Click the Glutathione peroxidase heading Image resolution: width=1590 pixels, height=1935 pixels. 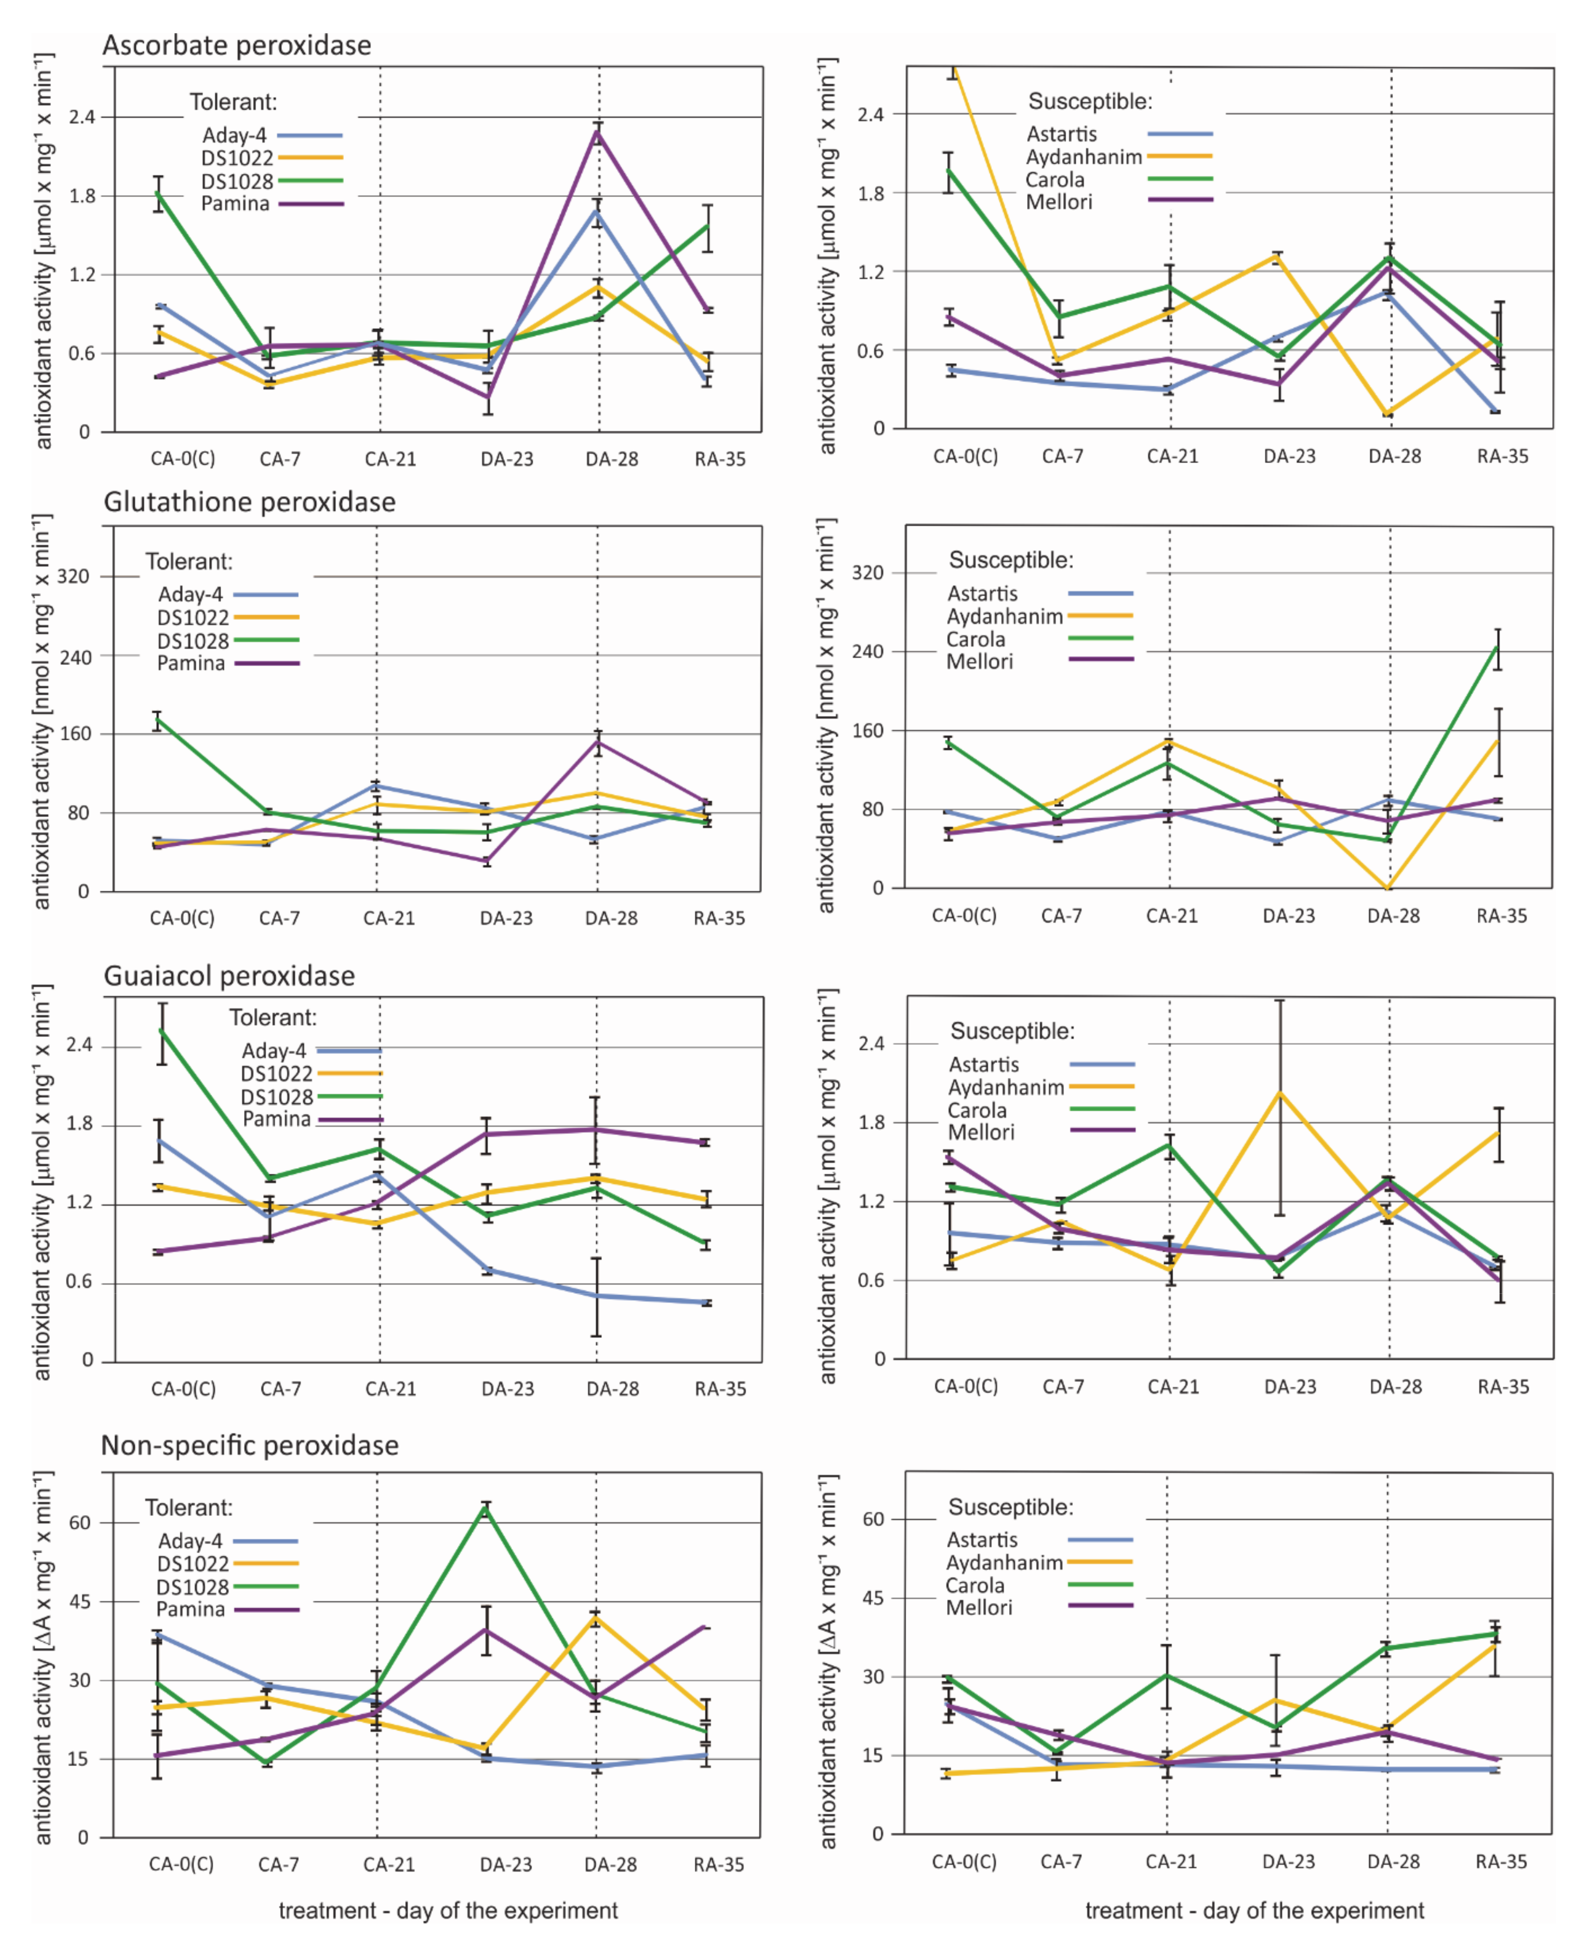coord(249,502)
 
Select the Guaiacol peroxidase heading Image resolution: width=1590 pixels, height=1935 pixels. coord(229,976)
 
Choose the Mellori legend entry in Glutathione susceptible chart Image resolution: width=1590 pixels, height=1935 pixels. coord(979,661)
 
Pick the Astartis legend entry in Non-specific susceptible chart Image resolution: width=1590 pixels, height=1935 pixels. coord(982,1540)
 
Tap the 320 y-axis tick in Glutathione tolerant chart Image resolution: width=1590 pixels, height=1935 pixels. coord(73,576)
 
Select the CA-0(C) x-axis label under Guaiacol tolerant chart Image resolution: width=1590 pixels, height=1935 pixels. coord(183,1389)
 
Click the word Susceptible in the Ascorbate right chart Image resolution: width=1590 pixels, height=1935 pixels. coord(1090,102)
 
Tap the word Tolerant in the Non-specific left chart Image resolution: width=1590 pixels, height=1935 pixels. coord(189,1508)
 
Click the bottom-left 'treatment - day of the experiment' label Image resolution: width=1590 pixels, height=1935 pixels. coord(448,1903)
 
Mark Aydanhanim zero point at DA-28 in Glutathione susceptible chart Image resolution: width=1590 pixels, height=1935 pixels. coord(1389,887)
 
